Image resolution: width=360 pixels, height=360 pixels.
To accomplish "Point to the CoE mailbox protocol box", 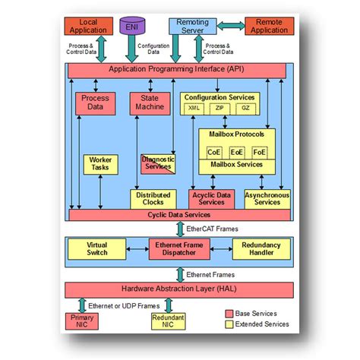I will click(x=214, y=151).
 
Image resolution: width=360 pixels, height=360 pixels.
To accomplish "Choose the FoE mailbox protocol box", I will click(x=261, y=151).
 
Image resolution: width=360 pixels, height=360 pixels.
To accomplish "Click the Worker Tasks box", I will click(x=100, y=165).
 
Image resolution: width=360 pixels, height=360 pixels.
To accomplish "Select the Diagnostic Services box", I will click(x=158, y=163).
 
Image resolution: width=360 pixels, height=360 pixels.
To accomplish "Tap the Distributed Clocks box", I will click(x=153, y=199).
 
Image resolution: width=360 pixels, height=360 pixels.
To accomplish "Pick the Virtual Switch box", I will click(x=96, y=249).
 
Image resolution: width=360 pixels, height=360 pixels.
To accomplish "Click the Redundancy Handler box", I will click(x=261, y=249).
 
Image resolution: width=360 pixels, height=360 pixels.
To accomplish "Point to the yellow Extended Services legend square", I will click(x=230, y=324).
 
